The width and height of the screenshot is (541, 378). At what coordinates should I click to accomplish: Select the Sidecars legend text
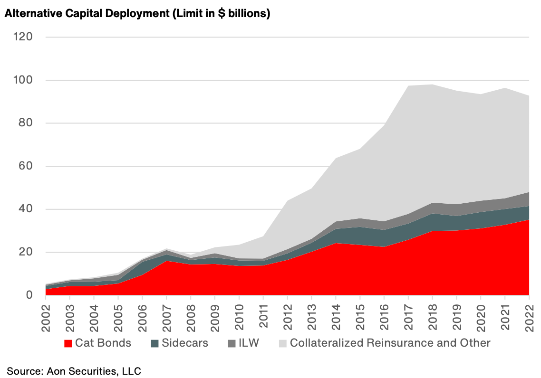[x=184, y=343]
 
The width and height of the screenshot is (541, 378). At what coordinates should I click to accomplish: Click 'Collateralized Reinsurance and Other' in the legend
[x=390, y=343]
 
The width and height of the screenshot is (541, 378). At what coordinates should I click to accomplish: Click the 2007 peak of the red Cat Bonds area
[x=167, y=261]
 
